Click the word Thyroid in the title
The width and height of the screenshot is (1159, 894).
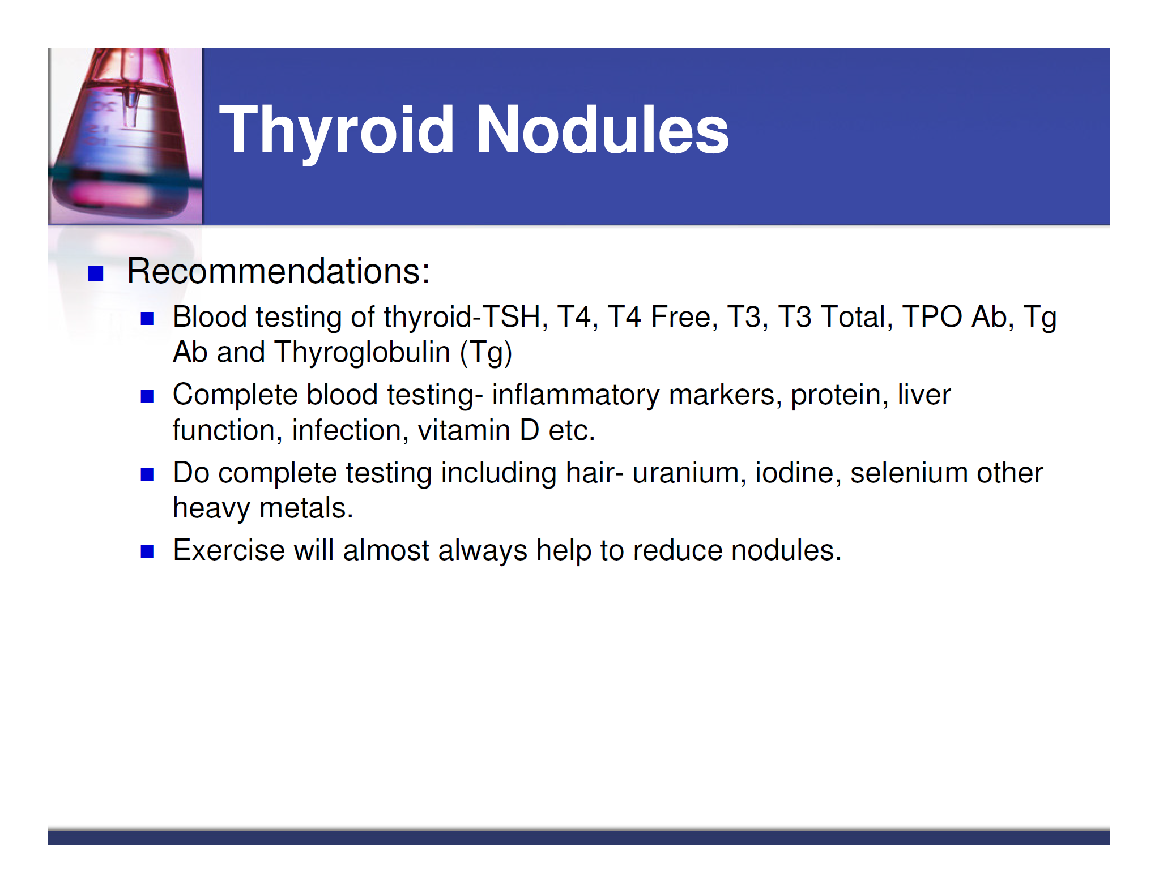(x=336, y=131)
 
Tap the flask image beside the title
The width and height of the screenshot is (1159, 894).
(x=125, y=136)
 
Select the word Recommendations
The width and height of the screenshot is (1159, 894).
(x=277, y=271)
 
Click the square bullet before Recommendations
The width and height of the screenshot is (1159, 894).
(x=96, y=274)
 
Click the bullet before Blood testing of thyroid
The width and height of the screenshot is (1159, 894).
(x=147, y=319)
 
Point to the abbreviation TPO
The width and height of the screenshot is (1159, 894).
(x=931, y=316)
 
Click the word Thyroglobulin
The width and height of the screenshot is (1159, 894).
(x=362, y=352)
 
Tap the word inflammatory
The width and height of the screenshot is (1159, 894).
(x=576, y=395)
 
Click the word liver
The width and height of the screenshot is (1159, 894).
(x=924, y=395)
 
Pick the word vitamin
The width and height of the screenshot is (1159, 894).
(x=464, y=430)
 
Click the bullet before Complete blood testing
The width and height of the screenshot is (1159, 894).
(x=147, y=396)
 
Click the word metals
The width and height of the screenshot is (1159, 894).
(x=306, y=508)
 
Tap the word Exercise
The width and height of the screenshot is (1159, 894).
(x=228, y=550)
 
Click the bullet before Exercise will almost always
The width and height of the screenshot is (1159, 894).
(x=147, y=552)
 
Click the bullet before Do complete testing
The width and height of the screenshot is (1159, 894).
(x=147, y=474)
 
